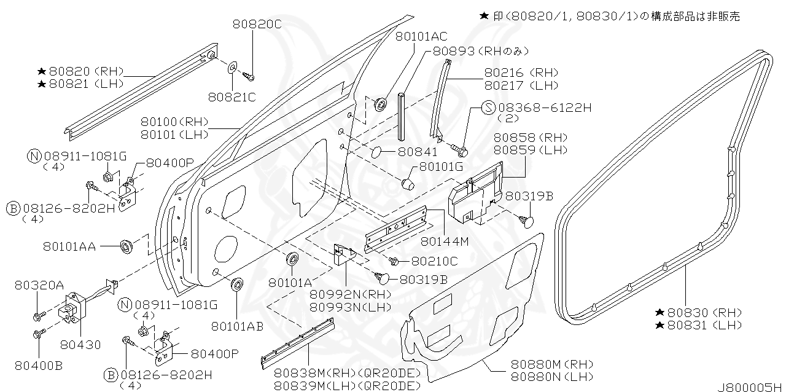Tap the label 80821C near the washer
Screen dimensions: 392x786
tap(232, 96)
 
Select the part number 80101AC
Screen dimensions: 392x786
tap(421, 36)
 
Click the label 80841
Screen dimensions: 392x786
tap(418, 152)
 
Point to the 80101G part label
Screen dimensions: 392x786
tap(442, 167)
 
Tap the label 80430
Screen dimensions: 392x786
tap(81, 345)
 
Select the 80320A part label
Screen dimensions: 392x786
tap(39, 285)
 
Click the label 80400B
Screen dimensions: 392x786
tap(39, 366)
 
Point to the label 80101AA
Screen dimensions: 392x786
tap(69, 246)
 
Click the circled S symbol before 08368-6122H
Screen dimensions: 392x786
tap(488, 108)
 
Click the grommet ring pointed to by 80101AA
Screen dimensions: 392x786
tap(127, 247)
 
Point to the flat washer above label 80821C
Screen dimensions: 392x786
tap(233, 66)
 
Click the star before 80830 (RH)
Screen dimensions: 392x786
tap(660, 312)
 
